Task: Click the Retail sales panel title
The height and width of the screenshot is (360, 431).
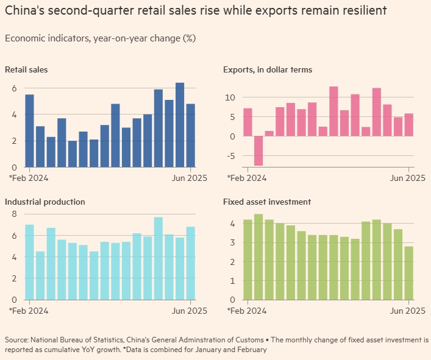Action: tap(26, 69)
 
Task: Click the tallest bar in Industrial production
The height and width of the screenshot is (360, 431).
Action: tap(159, 258)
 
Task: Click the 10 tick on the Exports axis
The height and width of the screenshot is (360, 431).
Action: tap(229, 97)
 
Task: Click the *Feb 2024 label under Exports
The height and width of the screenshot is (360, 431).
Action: tap(247, 178)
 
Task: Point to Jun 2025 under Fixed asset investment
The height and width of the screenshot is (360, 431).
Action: tap(407, 311)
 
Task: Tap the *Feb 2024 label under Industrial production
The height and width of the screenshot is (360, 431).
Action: tap(29, 311)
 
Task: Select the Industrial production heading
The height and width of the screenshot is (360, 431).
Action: tap(45, 202)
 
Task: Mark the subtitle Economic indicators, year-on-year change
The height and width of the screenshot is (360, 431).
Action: tap(100, 38)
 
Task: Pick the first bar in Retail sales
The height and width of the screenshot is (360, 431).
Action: tap(29, 131)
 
